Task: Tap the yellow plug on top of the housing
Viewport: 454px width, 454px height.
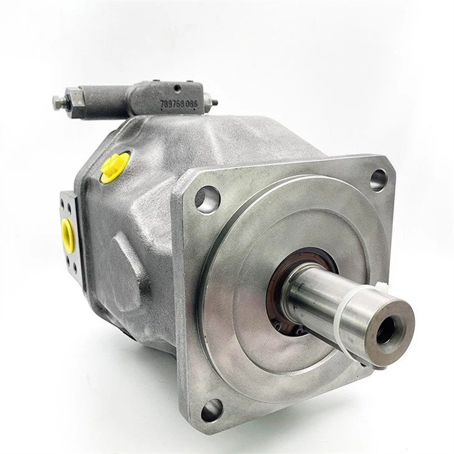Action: pyautogui.click(x=115, y=167)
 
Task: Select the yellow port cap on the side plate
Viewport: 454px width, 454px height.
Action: pyautogui.click(x=68, y=234)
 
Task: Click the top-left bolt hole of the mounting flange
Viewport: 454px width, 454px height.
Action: pyautogui.click(x=207, y=199)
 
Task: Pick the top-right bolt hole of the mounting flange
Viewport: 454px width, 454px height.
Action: pyautogui.click(x=378, y=180)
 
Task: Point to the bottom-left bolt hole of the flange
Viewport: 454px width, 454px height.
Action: pyautogui.click(x=211, y=409)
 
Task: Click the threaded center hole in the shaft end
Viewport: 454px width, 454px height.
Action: pyautogui.click(x=387, y=330)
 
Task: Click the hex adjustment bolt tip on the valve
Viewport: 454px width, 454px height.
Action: pyautogui.click(x=57, y=103)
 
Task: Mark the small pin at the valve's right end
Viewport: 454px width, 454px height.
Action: pyautogui.click(x=215, y=103)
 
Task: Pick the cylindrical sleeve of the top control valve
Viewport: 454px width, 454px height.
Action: pyautogui.click(x=106, y=100)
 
